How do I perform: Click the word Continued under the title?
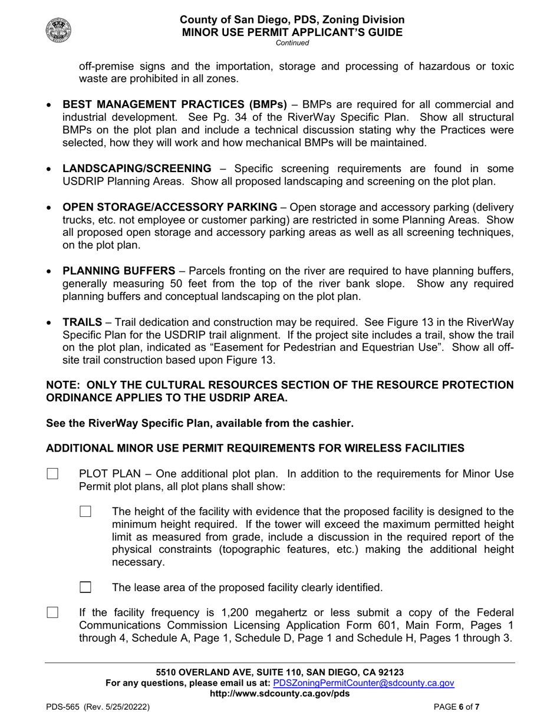point(292,43)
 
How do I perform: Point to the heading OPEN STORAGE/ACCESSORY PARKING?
point(170,207)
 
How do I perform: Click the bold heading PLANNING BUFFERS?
point(118,271)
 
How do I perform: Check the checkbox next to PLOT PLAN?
point(52,474)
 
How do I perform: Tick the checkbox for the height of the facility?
point(85,512)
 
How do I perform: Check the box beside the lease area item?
point(85,587)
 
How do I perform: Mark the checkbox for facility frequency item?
point(52,613)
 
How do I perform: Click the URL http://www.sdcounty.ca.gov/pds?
point(279,693)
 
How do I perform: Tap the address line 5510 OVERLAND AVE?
point(279,673)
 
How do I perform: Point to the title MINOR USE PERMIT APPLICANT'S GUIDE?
point(292,32)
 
